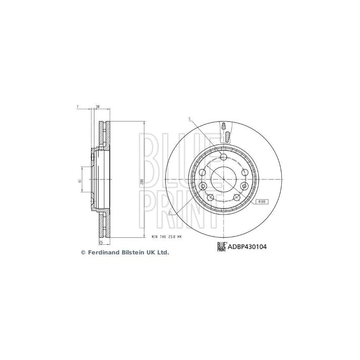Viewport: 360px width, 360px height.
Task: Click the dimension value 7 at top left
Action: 77,107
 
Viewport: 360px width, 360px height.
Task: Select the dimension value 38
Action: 97,107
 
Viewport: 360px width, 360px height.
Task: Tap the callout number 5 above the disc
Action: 190,119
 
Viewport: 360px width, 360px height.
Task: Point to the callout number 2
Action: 170,213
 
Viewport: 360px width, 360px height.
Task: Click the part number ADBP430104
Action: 247,247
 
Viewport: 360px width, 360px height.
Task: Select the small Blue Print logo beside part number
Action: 222,247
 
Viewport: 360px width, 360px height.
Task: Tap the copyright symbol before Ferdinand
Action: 83,252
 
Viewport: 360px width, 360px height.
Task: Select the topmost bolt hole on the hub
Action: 224,156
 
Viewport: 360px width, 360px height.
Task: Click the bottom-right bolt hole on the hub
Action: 237,198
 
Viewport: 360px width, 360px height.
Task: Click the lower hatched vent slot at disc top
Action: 226,137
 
